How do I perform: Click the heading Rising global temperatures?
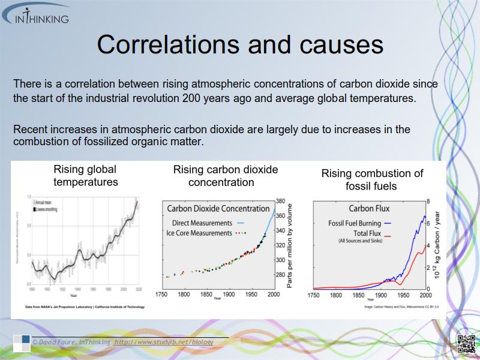85,175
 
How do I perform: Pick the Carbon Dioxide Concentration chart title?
218,209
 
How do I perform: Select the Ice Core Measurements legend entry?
199,233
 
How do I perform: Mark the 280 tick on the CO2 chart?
280,275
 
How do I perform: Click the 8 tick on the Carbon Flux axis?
428,202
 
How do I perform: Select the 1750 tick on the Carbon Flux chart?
313,296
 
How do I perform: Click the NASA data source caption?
85,307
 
